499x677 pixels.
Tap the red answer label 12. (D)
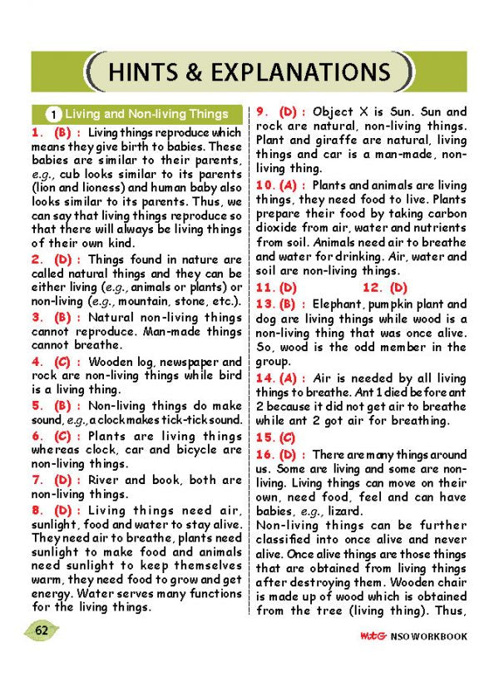385,287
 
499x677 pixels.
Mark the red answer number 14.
264,378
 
